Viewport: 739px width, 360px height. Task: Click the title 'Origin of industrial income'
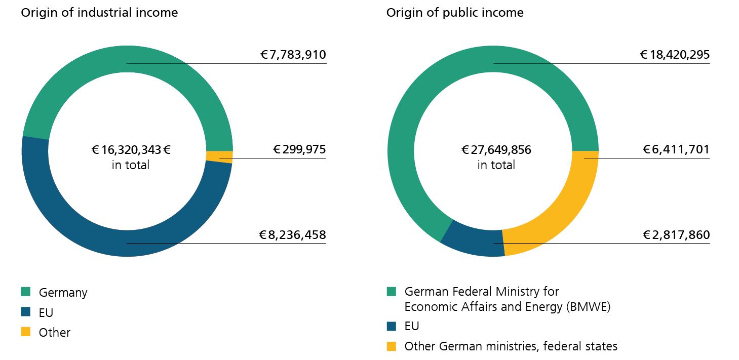click(99, 13)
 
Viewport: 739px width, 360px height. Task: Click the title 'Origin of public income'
click(455, 13)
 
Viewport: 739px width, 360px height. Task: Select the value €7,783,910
click(293, 55)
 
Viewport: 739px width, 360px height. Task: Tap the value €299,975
click(299, 150)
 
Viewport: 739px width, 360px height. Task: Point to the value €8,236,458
click(293, 235)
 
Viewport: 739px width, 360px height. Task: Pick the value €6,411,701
click(676, 150)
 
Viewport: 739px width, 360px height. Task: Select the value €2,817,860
click(676, 235)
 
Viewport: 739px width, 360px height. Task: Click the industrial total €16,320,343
click(131, 150)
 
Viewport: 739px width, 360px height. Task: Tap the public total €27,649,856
click(496, 150)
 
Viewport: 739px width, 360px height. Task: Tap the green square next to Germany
click(26, 292)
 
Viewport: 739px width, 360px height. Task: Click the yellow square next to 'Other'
click(26, 332)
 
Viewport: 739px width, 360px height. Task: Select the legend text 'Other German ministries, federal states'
click(511, 346)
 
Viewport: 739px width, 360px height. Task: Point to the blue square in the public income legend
click(392, 326)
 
